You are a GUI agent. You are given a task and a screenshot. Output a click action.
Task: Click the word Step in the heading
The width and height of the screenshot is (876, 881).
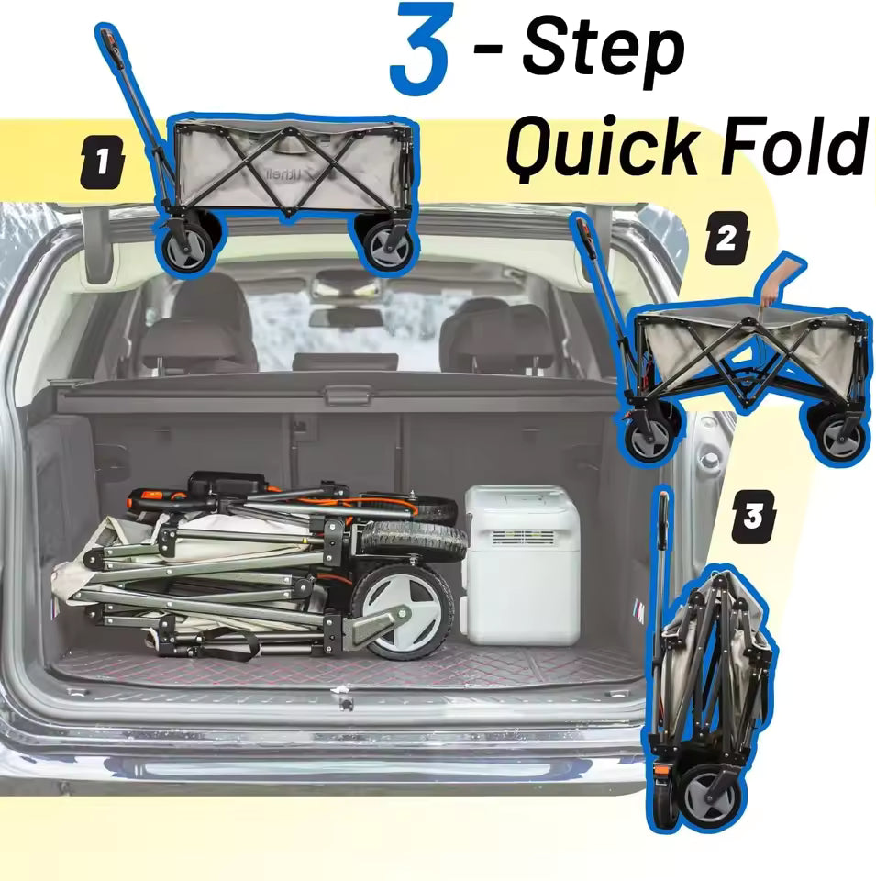coord(604,50)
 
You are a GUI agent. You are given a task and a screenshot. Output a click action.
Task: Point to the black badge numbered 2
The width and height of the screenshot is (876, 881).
coord(726,239)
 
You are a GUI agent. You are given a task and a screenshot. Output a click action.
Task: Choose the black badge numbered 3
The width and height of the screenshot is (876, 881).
coord(752,517)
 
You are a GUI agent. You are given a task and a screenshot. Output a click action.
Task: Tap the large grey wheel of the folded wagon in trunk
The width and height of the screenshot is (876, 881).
coord(405,609)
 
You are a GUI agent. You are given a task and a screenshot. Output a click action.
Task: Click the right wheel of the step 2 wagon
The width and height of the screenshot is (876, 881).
coord(838,433)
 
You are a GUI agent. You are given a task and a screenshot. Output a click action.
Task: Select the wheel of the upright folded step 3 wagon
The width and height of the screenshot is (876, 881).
coord(710,790)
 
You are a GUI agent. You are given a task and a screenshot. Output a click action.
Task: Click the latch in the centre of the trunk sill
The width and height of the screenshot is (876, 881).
coord(345,705)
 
